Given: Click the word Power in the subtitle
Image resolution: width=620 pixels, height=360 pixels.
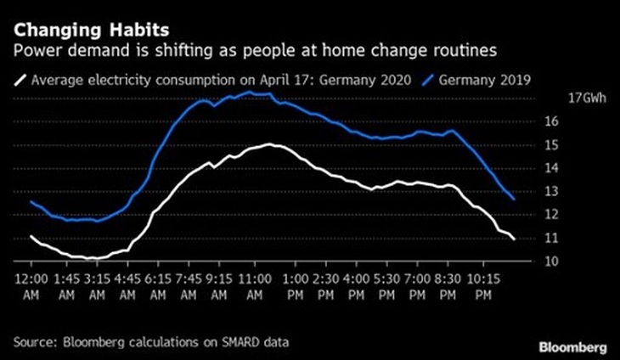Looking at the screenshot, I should (33, 52).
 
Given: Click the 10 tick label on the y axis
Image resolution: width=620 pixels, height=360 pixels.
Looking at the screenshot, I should (550, 262).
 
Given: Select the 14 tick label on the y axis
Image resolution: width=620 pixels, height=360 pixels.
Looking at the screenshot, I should (550, 168).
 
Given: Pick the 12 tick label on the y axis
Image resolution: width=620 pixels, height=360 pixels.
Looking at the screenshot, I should (550, 215).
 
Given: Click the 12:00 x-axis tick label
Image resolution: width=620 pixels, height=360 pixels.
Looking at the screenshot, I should (31, 278).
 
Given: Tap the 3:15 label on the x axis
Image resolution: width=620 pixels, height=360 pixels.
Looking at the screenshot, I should (97, 278).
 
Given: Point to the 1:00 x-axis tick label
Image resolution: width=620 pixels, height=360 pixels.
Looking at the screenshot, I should (296, 278).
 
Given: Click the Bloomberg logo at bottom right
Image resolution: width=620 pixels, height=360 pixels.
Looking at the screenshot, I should (572, 346).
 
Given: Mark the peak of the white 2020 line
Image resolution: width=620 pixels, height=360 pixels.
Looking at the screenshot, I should (271, 144).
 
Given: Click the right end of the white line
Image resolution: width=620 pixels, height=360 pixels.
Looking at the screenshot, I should (515, 239).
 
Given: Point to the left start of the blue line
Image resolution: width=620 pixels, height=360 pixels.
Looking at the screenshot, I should (31, 201).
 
